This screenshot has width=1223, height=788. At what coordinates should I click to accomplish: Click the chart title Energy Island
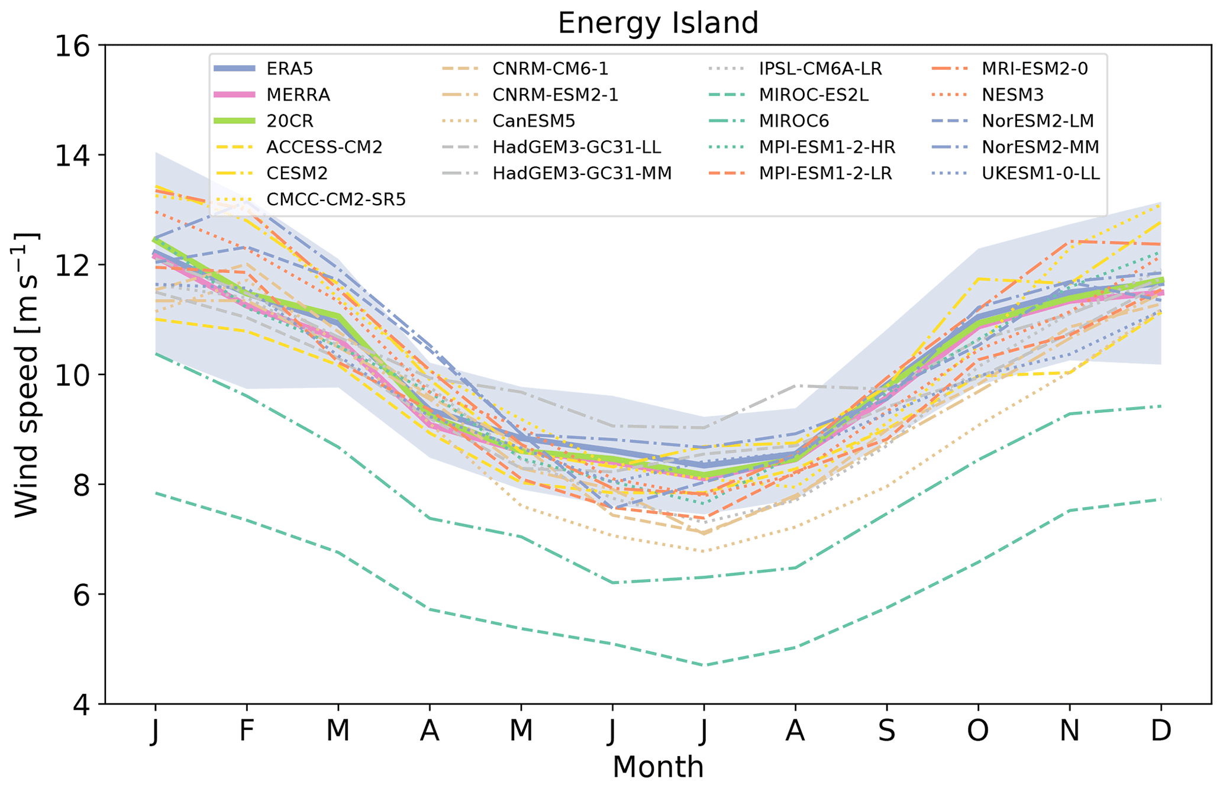pos(657,24)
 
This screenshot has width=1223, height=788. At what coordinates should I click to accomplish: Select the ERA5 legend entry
pos(290,69)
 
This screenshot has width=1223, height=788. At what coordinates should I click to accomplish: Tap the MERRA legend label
pos(298,95)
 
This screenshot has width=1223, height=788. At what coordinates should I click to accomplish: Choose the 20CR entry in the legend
pos(290,121)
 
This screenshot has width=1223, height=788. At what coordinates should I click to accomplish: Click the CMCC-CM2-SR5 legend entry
pos(335,199)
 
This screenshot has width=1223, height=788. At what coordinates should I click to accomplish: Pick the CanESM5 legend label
pos(533,121)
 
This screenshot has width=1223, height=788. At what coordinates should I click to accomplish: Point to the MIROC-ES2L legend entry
pos(814,95)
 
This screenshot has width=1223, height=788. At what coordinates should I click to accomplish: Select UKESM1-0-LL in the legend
pos(1040,173)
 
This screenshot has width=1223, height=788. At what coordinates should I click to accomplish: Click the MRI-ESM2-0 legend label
pos(1034,69)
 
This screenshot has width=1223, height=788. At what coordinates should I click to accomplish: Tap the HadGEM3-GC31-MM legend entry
pos(582,173)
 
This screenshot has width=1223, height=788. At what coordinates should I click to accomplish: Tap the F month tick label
pos(247,732)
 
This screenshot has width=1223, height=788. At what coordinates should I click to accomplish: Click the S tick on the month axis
pos(886,732)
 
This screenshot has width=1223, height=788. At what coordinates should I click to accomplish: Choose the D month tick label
pos(1161,732)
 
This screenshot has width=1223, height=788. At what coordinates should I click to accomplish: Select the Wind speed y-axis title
pos(27,374)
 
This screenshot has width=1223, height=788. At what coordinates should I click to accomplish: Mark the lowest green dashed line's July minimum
pos(704,665)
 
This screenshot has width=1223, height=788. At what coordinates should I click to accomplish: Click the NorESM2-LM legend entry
pos(1037,121)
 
